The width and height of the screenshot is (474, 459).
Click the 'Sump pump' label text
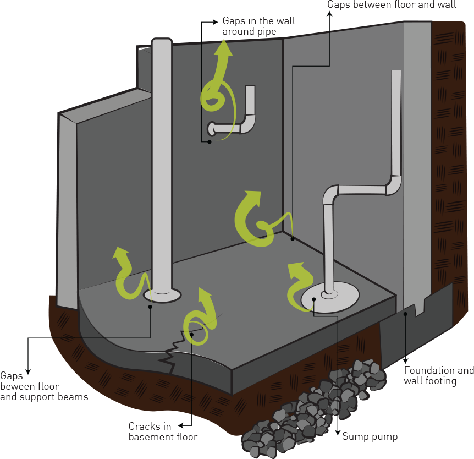tap(370, 436)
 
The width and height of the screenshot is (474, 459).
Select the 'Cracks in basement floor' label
tap(163, 431)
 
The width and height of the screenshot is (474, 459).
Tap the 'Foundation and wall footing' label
tap(438, 375)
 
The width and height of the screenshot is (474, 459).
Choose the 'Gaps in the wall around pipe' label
tap(258, 26)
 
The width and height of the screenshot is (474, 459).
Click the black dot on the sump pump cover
tap(313, 299)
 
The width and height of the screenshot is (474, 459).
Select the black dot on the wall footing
tap(406, 314)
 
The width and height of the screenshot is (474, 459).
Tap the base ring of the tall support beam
tap(162, 296)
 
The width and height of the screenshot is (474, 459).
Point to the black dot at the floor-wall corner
tap(293, 238)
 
